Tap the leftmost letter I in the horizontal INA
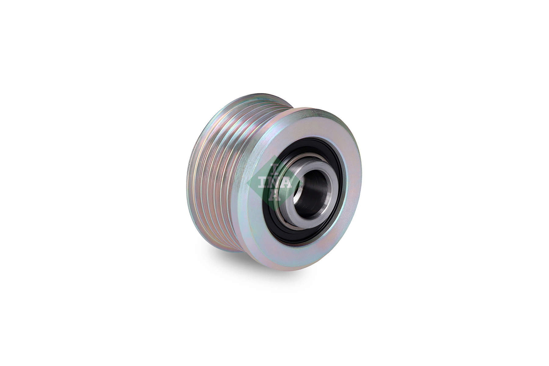click(262, 183)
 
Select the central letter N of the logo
click(274, 183)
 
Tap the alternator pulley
click(274, 183)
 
